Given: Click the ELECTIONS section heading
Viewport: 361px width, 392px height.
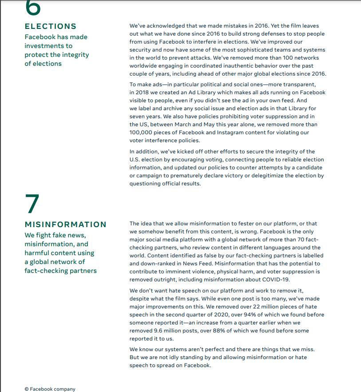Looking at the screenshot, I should (50, 26).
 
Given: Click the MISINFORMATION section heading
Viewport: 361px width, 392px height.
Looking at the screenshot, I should (65, 224).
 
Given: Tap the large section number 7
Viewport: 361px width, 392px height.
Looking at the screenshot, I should (32, 204).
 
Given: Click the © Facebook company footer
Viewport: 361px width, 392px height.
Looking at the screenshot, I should (50, 389).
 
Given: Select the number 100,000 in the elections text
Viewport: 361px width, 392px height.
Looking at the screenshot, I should (142, 132).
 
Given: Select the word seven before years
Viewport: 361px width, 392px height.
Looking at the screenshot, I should (139, 116).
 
